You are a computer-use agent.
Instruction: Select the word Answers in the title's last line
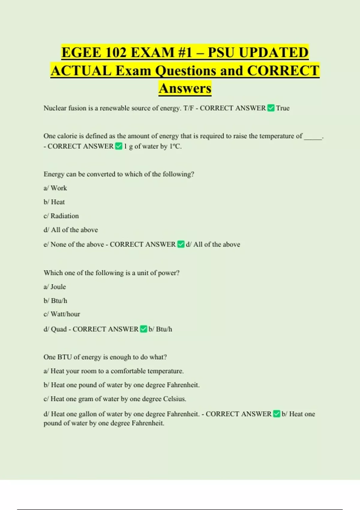click(x=185, y=88)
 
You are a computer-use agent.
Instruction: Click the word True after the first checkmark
click(x=283, y=108)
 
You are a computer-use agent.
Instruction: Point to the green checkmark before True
click(x=271, y=108)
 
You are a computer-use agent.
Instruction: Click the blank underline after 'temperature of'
click(x=313, y=137)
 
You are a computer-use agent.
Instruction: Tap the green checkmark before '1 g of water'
click(x=119, y=146)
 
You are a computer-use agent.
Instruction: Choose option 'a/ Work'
click(x=55, y=188)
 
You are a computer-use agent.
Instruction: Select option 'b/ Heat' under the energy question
click(x=54, y=202)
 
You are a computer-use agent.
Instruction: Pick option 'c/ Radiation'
click(x=61, y=216)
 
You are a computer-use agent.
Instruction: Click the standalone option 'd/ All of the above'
click(x=71, y=230)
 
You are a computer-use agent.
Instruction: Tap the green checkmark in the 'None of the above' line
click(x=181, y=244)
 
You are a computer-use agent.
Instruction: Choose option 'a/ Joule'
click(x=55, y=287)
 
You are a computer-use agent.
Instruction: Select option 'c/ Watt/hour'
click(x=62, y=314)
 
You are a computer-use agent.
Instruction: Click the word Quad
click(x=59, y=329)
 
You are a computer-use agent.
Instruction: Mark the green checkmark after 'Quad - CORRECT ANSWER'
click(x=144, y=329)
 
